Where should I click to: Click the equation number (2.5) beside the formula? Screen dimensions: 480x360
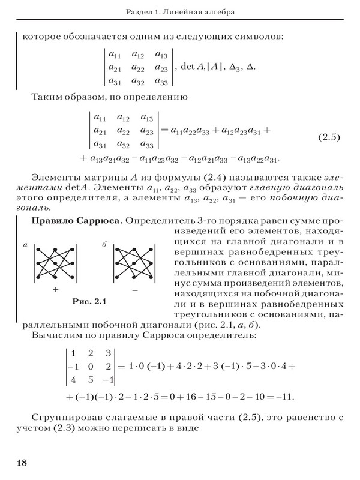click(x=329, y=137)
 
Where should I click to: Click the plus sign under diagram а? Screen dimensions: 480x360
click(x=56, y=289)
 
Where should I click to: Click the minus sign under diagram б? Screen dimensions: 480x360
click(x=133, y=289)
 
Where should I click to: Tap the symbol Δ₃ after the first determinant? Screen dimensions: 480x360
click(x=230, y=65)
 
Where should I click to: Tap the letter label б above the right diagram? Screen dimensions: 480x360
click(x=104, y=244)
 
